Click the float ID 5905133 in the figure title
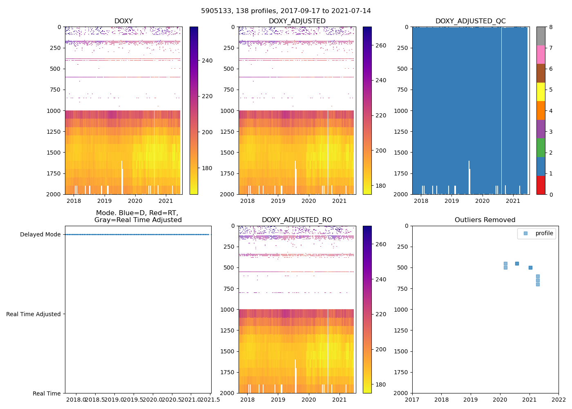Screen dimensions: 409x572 pyautogui.click(x=216, y=11)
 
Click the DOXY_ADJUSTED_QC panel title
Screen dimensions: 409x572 pyautogui.click(x=470, y=21)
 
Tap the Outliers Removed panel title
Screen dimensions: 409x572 pyautogui.click(x=485, y=220)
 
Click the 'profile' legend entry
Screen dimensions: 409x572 pyautogui.click(x=544, y=234)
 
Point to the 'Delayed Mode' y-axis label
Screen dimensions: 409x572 pyautogui.click(x=40, y=235)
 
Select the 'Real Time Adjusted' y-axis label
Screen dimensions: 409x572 pyautogui.click(x=33, y=314)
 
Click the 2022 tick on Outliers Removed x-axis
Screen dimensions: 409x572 pyautogui.click(x=559, y=399)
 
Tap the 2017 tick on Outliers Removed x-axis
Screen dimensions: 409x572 pyautogui.click(x=412, y=399)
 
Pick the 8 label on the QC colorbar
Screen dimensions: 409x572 pyautogui.click(x=551, y=27)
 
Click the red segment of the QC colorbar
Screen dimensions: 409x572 pyautogui.click(x=541, y=185)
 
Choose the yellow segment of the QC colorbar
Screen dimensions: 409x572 pyautogui.click(x=541, y=92)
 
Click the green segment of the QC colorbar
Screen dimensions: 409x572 pyautogui.click(x=541, y=148)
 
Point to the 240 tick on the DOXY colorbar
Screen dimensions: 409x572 pyautogui.click(x=207, y=61)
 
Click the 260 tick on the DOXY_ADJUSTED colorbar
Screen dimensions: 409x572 pyautogui.click(x=381, y=45)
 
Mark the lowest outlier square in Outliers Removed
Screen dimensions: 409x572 pyautogui.click(x=538, y=284)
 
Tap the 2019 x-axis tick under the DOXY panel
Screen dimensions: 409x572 pyautogui.click(x=104, y=201)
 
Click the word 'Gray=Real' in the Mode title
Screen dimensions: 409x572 pyautogui.click(x=109, y=220)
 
